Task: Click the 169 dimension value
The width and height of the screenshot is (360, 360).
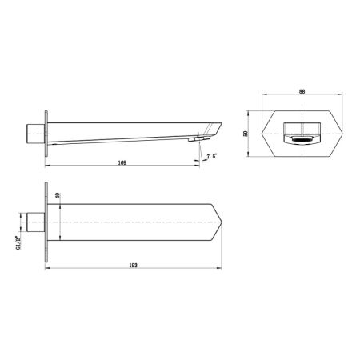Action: click(122, 162)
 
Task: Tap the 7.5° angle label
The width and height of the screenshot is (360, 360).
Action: click(212, 156)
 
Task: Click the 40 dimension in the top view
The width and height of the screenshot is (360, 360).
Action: click(58, 196)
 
